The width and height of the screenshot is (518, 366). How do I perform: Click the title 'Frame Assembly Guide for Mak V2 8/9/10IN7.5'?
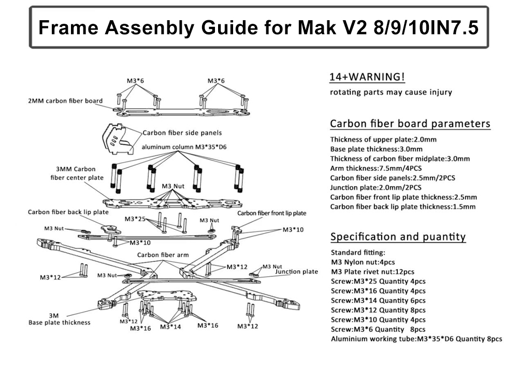(258, 27)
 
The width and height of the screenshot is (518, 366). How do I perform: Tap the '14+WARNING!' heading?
(367, 77)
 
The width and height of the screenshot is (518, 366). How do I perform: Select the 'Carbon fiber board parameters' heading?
(410, 124)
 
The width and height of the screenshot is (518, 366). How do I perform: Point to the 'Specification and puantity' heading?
(398, 237)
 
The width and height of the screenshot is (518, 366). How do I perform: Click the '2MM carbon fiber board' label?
(65, 101)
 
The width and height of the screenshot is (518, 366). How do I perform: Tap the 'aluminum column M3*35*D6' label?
(185, 147)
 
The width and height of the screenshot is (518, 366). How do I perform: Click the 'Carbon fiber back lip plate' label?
(68, 212)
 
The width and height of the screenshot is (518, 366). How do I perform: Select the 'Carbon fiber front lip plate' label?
(272, 213)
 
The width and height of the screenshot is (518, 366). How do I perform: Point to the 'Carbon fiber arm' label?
(163, 255)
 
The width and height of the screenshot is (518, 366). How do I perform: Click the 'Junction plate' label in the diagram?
(296, 272)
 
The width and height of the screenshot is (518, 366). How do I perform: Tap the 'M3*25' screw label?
(135, 219)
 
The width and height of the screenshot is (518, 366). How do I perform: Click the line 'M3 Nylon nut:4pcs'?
(363, 262)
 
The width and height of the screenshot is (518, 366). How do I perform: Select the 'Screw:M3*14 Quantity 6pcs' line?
(378, 300)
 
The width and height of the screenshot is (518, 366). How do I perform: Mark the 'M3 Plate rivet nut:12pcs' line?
(372, 272)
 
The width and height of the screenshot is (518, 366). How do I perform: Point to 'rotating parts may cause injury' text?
(391, 93)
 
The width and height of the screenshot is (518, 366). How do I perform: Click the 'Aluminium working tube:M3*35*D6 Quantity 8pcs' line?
(416, 339)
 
